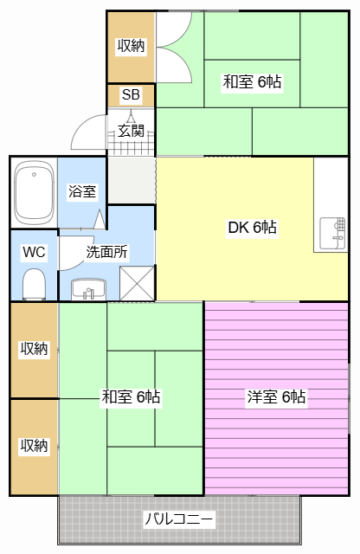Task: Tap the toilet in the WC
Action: [34, 282]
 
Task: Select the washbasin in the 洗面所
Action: [86, 289]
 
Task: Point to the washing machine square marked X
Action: [136, 282]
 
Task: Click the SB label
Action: [131, 95]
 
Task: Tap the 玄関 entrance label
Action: [131, 132]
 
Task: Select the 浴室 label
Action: [82, 192]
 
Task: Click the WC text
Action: [34, 253]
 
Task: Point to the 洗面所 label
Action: [106, 253]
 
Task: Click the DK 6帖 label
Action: [252, 228]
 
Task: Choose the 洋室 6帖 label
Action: [276, 397]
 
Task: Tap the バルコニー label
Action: [179, 520]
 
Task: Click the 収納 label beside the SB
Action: [131, 47]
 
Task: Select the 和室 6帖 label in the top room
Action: [252, 82]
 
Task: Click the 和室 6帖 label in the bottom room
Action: [131, 397]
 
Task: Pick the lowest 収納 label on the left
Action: [34, 446]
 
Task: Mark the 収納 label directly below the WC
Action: [34, 349]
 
